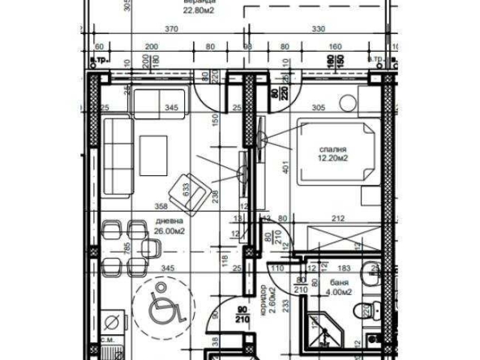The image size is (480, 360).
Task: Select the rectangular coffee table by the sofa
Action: pyautogui.click(x=153, y=154)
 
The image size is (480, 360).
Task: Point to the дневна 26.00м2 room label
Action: pyautogui.click(x=169, y=225)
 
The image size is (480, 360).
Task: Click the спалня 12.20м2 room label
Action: pyautogui.click(x=333, y=154)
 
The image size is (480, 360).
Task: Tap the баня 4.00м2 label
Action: pyautogui.click(x=338, y=287)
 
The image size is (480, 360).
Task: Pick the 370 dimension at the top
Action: pyautogui.click(x=171, y=29)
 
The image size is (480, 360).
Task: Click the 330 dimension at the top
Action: pyautogui.click(x=318, y=29)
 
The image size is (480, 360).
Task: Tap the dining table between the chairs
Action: pyautogui.click(x=122, y=247)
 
